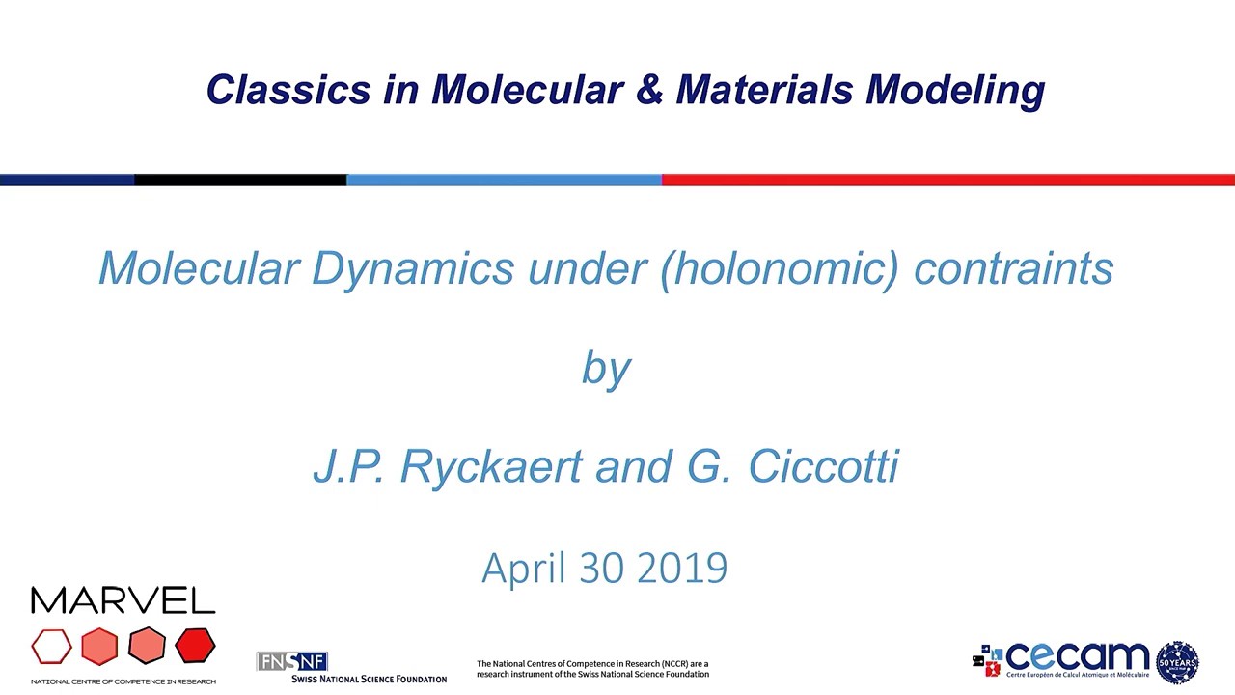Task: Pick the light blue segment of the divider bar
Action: (504, 180)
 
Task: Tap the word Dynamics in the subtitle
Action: (412, 268)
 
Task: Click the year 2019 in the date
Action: (682, 568)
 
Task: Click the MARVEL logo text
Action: (123, 601)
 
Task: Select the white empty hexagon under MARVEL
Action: (51, 647)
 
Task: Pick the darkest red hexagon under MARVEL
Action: (195, 646)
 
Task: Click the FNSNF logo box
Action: (292, 661)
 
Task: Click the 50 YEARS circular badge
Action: (1176, 662)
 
